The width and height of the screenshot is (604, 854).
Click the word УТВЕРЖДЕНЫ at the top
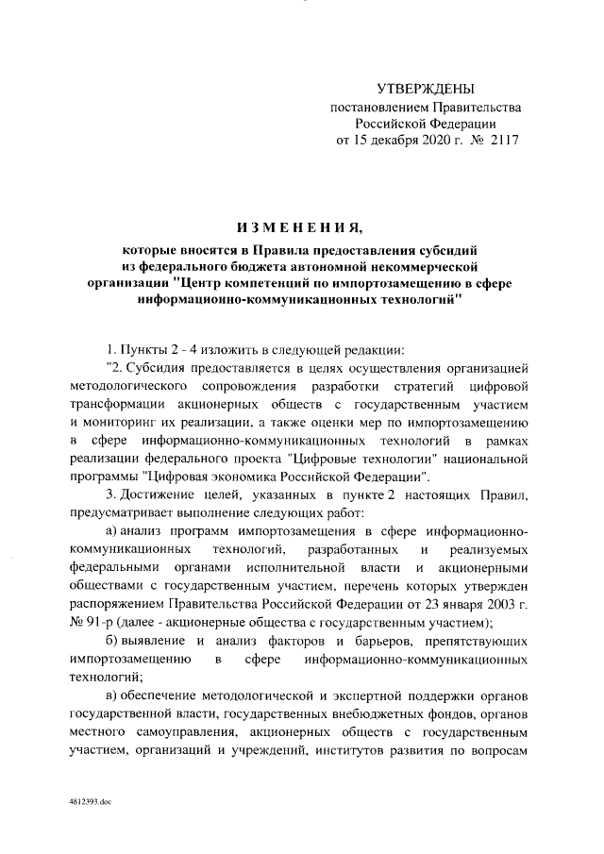[426, 90]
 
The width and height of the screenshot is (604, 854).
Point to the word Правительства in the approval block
[472, 108]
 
